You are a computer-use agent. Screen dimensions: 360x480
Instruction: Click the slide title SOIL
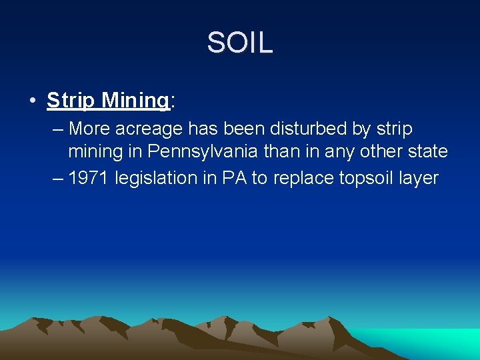[x=240, y=43]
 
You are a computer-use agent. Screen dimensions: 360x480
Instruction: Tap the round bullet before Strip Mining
[x=32, y=101]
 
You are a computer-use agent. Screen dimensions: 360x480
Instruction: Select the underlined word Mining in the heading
[x=135, y=101]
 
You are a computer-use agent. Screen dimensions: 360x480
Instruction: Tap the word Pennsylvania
[x=203, y=152]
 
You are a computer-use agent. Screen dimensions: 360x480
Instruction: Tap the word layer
[x=419, y=178]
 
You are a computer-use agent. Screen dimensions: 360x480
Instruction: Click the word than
[x=283, y=152]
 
